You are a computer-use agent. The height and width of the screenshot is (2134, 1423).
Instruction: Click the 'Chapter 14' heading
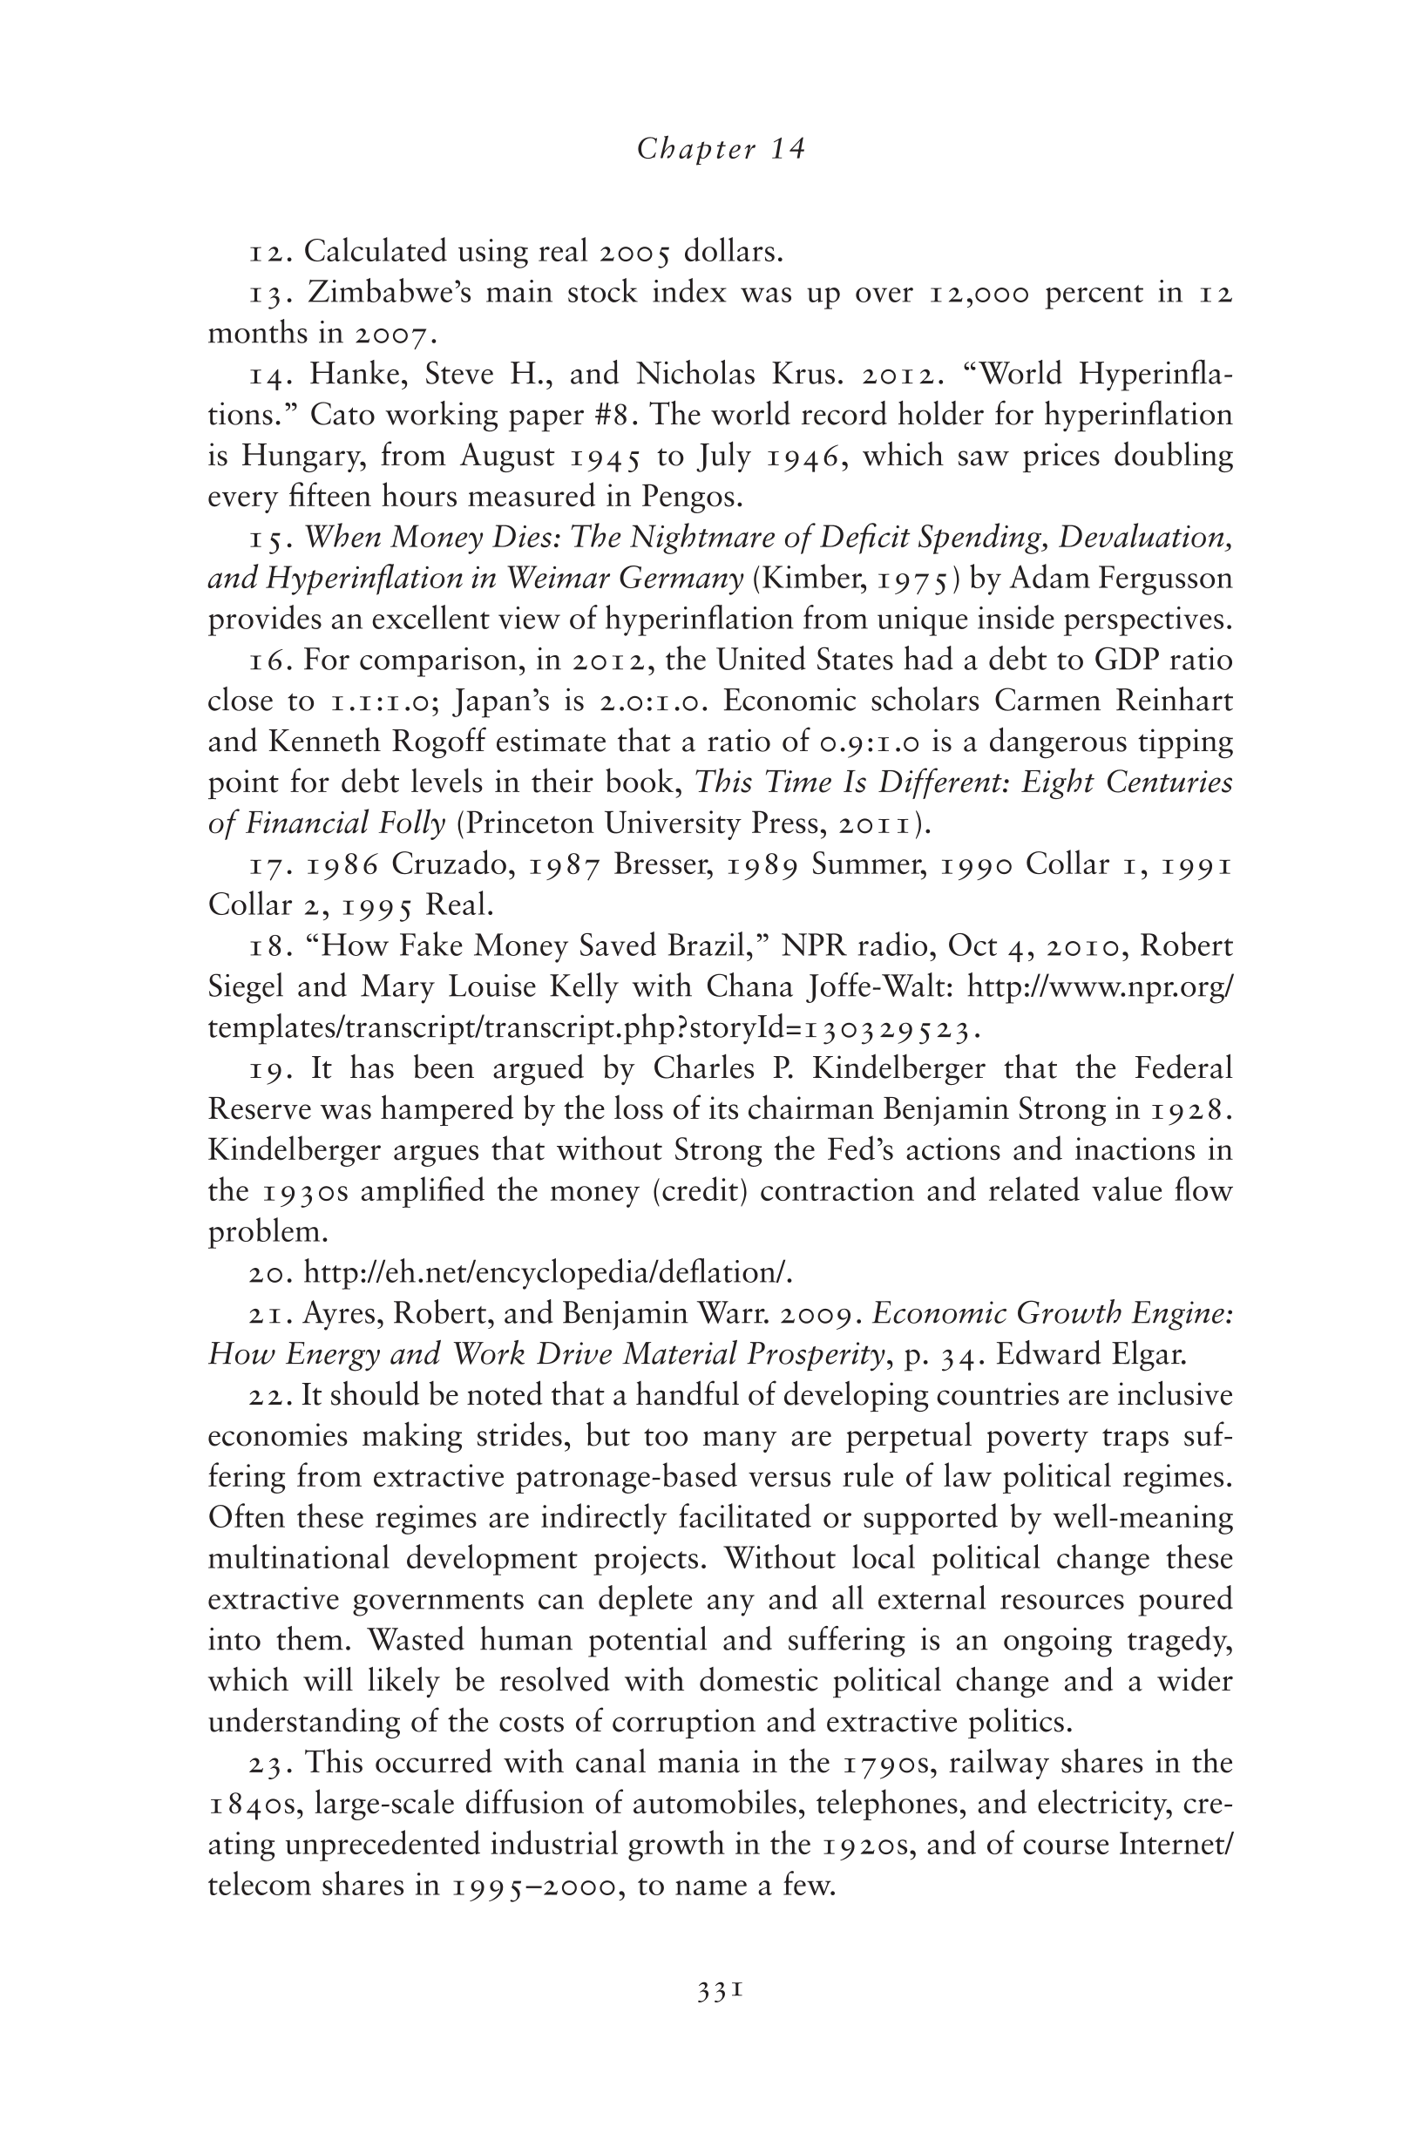(721, 149)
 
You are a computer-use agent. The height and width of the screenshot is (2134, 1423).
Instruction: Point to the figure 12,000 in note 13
(979, 293)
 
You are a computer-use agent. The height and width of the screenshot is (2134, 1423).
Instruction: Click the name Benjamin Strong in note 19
(1011, 1108)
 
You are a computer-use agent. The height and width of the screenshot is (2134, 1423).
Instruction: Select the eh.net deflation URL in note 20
(547, 1273)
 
